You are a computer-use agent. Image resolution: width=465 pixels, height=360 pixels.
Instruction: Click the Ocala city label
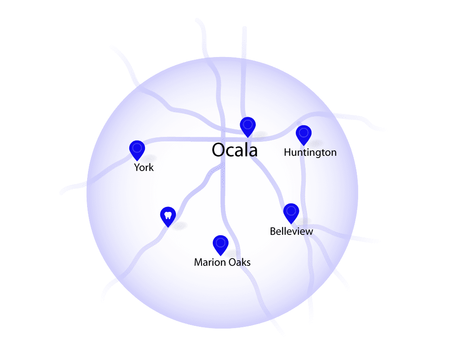(x=235, y=150)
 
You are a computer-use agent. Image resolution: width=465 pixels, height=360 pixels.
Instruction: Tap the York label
(x=144, y=167)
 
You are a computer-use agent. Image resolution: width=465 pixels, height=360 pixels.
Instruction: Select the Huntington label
(x=310, y=153)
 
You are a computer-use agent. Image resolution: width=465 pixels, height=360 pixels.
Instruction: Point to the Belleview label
(x=291, y=231)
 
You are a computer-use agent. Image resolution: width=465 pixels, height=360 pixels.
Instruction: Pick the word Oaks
(x=240, y=262)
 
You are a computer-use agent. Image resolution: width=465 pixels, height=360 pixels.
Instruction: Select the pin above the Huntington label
(x=304, y=135)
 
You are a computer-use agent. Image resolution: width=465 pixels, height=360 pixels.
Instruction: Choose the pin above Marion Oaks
(x=221, y=246)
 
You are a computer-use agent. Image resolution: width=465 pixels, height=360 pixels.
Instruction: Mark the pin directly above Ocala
(x=248, y=127)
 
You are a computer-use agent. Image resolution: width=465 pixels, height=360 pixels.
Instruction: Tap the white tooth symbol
(x=168, y=215)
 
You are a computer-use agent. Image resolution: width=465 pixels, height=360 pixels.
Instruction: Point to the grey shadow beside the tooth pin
(x=180, y=226)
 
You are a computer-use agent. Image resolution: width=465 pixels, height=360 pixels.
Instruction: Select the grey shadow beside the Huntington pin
(x=316, y=144)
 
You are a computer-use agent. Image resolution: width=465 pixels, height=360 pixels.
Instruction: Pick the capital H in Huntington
(x=287, y=153)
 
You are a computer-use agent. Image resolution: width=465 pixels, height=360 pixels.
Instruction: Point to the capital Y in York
(x=137, y=167)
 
